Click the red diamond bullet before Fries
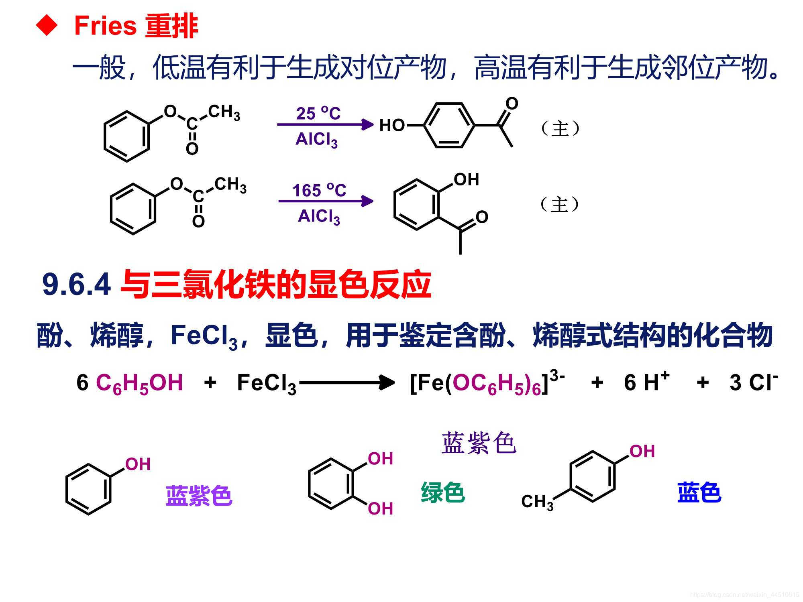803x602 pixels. (x=47, y=26)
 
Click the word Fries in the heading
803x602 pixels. (x=106, y=26)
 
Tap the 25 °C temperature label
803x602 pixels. (x=318, y=113)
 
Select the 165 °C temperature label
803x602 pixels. (x=319, y=190)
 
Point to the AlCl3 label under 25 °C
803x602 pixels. (x=316, y=140)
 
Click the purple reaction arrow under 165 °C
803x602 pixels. (x=326, y=201)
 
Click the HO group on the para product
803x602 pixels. (x=392, y=125)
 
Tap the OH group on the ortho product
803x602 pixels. (x=466, y=179)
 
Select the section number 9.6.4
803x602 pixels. (x=76, y=284)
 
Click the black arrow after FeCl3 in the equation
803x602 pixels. (x=347, y=382)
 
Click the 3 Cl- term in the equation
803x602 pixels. (x=753, y=382)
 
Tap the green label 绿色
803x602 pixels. (x=442, y=492)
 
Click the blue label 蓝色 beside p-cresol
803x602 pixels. (x=699, y=492)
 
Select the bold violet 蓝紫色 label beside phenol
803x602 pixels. (x=199, y=495)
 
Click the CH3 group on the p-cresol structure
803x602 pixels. (x=537, y=502)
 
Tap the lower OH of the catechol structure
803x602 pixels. (x=380, y=508)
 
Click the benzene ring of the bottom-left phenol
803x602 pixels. (x=88, y=489)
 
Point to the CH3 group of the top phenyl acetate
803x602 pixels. (x=224, y=112)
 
